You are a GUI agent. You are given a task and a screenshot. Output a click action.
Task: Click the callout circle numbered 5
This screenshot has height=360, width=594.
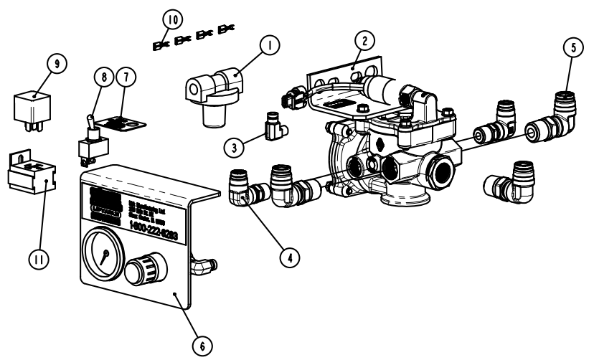point(572,48)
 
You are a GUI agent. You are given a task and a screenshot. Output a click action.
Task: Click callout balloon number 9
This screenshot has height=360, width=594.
point(52,64)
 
